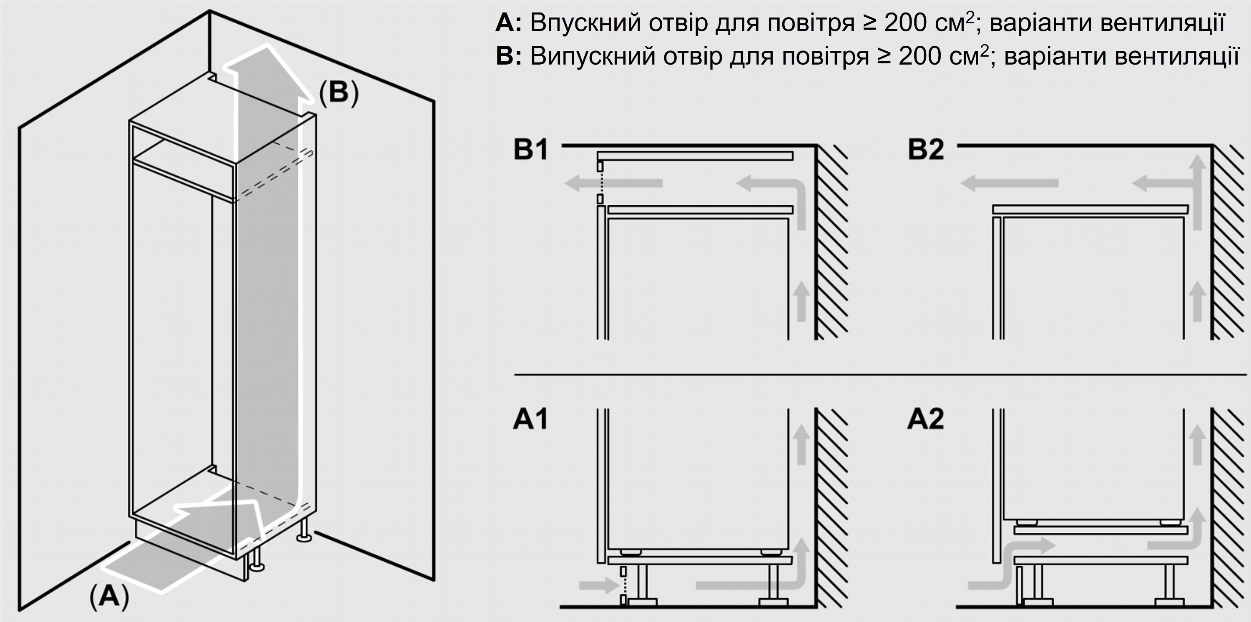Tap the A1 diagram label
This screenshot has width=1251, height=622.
(x=530, y=419)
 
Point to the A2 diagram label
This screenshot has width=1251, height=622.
(x=926, y=419)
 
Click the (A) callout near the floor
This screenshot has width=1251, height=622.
(x=110, y=596)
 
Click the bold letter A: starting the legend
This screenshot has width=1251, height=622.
(x=508, y=23)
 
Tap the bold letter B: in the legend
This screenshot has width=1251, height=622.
(x=508, y=56)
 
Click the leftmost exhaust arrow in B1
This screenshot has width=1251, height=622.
(x=614, y=183)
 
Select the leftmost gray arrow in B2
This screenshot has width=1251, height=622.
(x=1010, y=183)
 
